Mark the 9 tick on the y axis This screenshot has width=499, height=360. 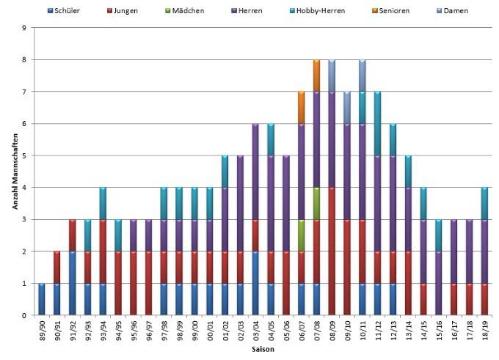point(25,28)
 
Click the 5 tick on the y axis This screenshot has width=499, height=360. point(25,155)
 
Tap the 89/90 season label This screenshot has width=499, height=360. point(42,331)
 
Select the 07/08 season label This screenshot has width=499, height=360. point(317,331)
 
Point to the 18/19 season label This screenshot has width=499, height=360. point(485,331)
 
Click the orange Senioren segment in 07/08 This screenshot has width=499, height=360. point(316,76)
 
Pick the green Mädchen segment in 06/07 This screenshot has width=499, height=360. point(301,235)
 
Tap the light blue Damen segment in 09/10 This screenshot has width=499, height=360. point(347,108)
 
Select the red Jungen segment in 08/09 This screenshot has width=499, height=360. point(332,251)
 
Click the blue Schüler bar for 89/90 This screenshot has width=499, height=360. point(42,299)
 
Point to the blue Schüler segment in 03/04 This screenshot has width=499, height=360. point(255,283)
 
